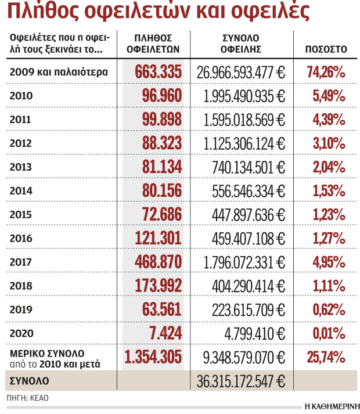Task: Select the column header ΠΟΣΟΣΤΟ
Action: click(326, 49)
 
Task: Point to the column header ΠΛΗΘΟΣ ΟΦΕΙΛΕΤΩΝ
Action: click(153, 44)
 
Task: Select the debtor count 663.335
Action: click(158, 72)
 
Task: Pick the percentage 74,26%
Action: click(326, 72)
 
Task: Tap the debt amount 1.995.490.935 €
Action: click(244, 96)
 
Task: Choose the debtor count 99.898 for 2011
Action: click(161, 120)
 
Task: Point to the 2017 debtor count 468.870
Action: click(158, 261)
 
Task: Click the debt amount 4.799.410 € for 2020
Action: click(256, 333)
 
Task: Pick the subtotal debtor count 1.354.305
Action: click(154, 356)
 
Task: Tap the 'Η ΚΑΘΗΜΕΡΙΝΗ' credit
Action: click(332, 406)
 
